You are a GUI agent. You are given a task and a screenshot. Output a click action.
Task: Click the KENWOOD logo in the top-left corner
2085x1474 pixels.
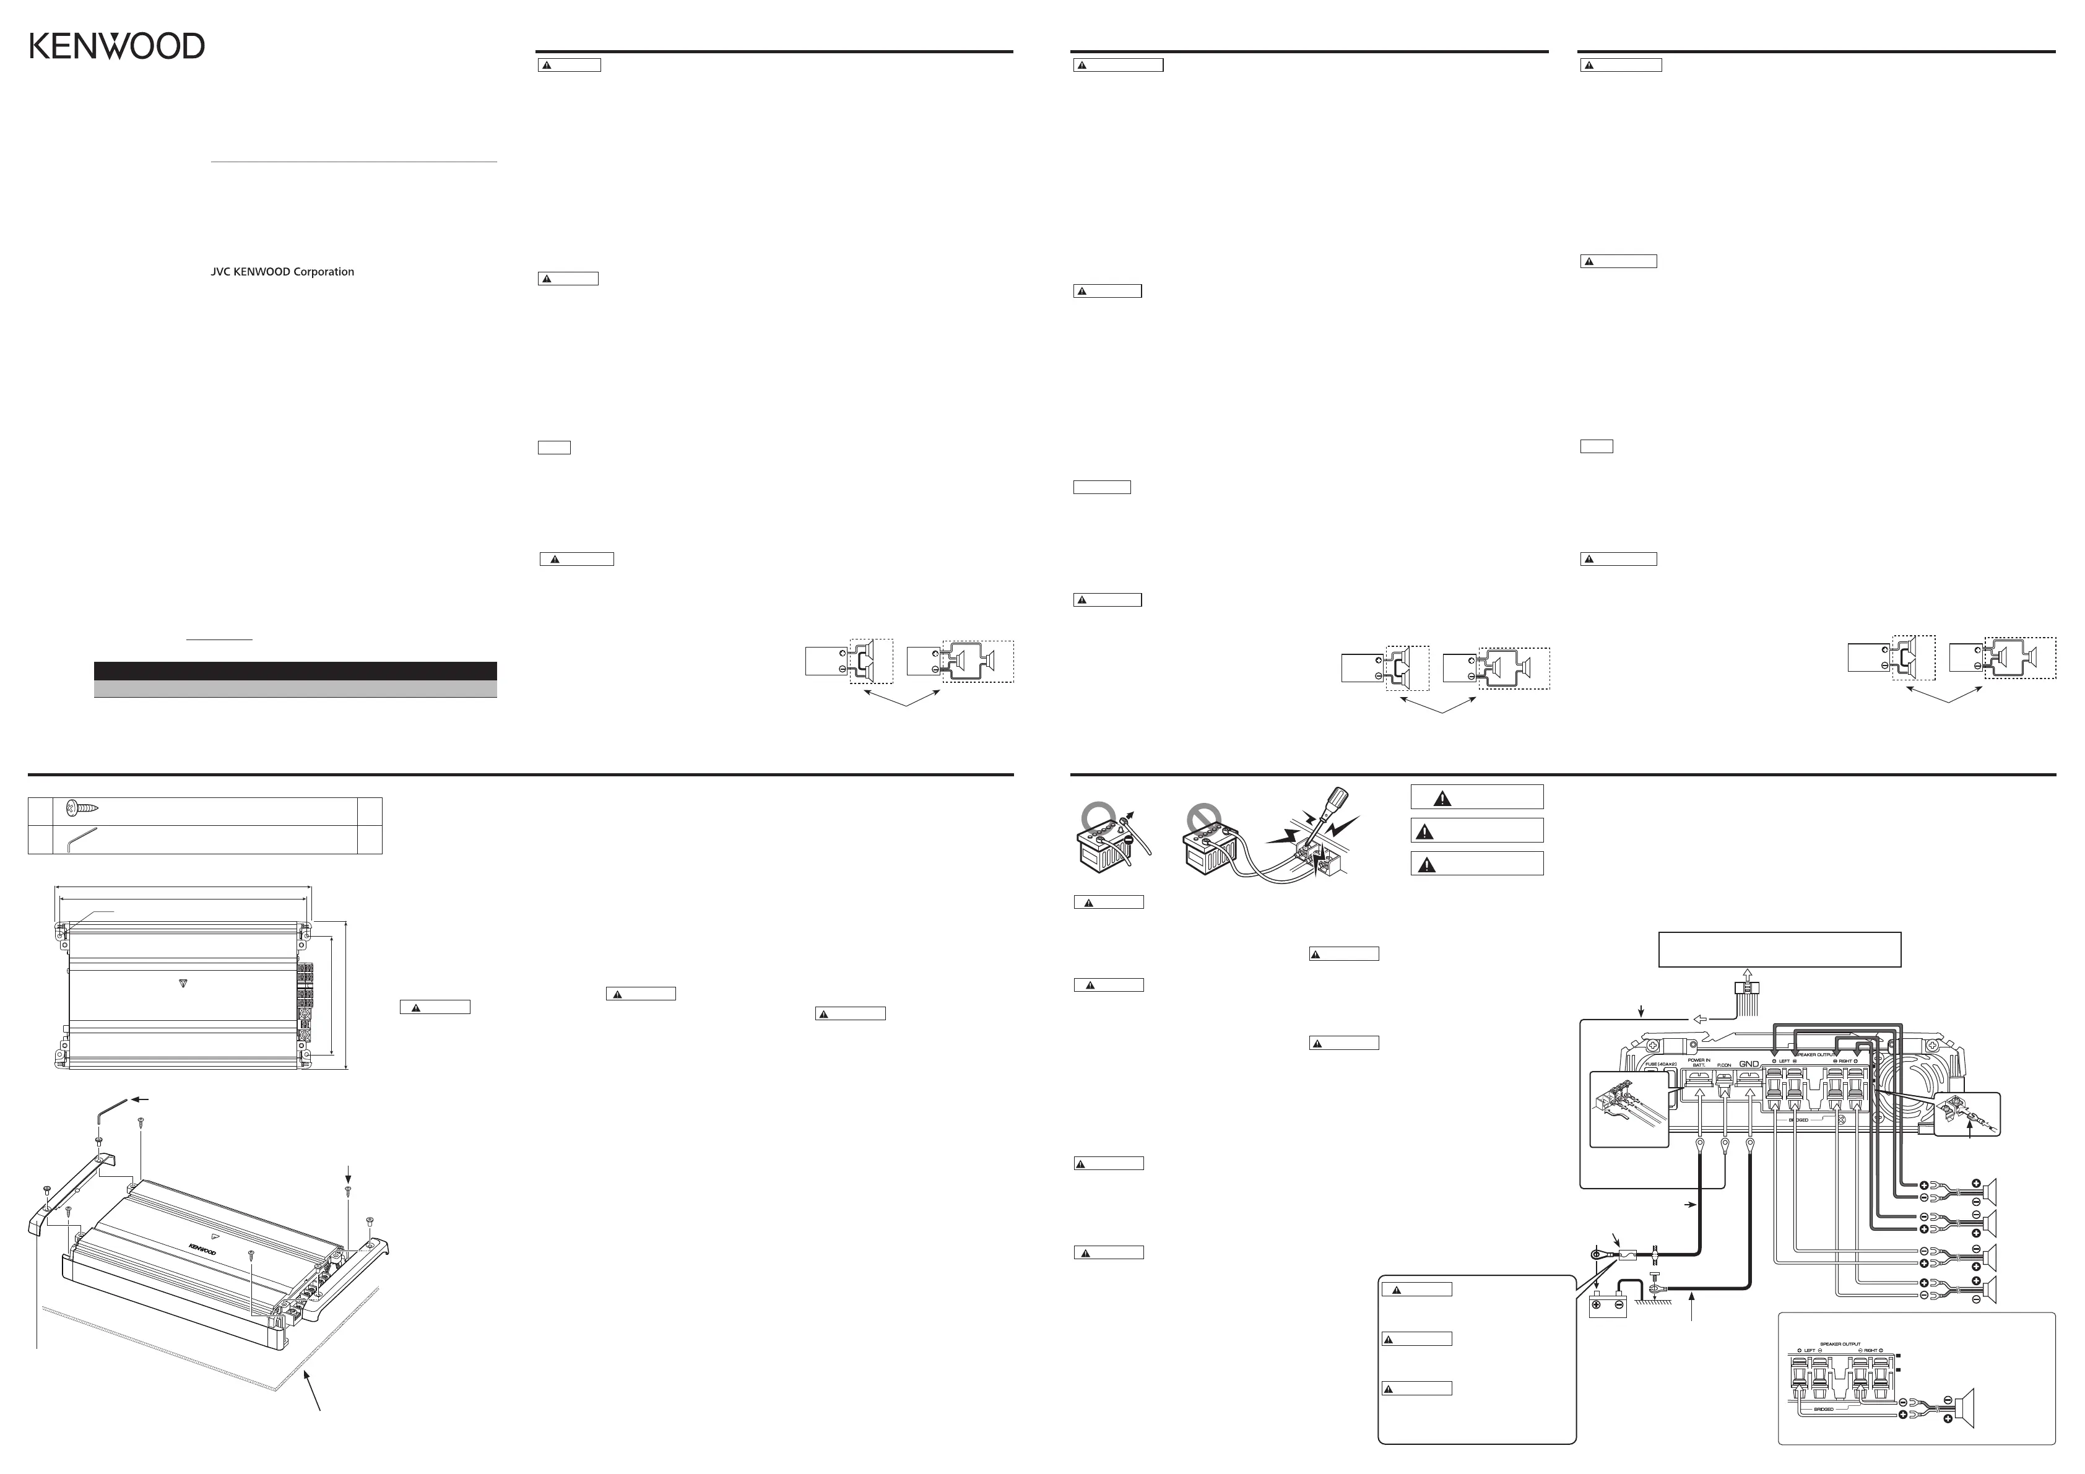coord(117,46)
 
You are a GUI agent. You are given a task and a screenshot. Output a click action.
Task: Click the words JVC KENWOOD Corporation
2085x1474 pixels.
coord(282,272)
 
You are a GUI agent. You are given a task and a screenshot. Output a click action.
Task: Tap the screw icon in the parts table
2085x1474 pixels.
coord(82,807)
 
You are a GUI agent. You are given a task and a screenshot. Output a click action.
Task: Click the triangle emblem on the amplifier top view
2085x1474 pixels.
coord(183,982)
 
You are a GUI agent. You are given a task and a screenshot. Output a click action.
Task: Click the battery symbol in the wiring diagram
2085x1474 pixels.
coord(1607,1307)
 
